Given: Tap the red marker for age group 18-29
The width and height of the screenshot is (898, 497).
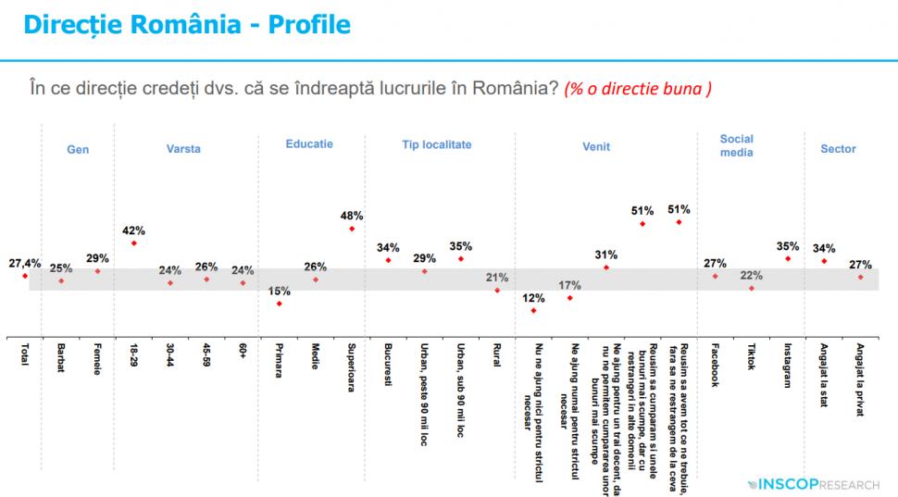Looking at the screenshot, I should [x=134, y=243].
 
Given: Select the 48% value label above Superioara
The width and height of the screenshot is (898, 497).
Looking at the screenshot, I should [x=351, y=216].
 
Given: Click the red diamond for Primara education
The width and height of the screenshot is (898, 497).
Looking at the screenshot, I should [x=279, y=304].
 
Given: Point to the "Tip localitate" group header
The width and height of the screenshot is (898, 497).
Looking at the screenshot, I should [x=436, y=145].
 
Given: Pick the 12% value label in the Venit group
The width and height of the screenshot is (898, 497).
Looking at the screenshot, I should [x=532, y=298].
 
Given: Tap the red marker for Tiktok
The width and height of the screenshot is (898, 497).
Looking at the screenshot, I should [x=752, y=288].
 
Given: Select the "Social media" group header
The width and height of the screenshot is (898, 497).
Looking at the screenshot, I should [x=736, y=145].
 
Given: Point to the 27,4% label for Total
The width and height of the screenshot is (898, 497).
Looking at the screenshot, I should [x=25, y=264].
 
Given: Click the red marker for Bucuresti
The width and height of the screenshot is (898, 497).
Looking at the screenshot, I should [x=388, y=260].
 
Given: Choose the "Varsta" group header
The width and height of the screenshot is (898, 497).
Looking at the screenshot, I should [x=183, y=149].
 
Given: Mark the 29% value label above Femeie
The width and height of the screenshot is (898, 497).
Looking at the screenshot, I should [x=97, y=258].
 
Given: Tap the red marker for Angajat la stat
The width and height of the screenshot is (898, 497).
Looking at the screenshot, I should [x=824, y=261].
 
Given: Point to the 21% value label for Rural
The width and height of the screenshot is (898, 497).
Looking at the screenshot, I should [x=496, y=277].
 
